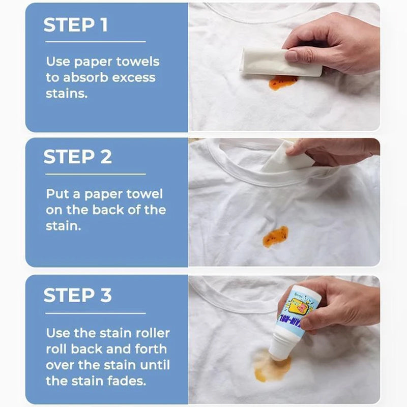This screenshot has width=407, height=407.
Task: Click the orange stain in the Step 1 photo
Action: [x=282, y=81]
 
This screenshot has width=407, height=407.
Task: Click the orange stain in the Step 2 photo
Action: [x=275, y=236]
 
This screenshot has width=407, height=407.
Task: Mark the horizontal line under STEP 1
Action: [x=95, y=42]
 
